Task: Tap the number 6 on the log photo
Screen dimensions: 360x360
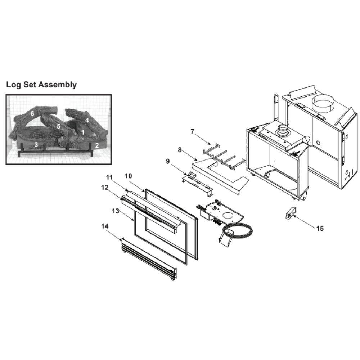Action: pyautogui.click(x=32, y=113)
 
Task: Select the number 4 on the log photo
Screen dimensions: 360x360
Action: pyautogui.click(x=87, y=120)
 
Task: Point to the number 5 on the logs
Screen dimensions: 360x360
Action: pyautogui.click(x=59, y=126)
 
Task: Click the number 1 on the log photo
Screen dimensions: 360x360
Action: pyautogui.click(x=83, y=132)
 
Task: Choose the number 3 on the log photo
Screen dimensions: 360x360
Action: pyautogui.click(x=36, y=145)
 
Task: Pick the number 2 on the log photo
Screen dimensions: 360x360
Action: pyautogui.click(x=97, y=145)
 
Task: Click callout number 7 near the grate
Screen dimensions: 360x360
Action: pyautogui.click(x=192, y=131)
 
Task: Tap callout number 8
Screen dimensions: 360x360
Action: pyautogui.click(x=180, y=150)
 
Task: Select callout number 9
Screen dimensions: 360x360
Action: pyautogui.click(x=168, y=161)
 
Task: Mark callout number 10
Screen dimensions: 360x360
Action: pyautogui.click(x=129, y=176)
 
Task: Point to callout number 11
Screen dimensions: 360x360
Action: pyautogui.click(x=109, y=177)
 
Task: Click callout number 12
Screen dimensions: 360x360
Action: pyautogui.click(x=105, y=188)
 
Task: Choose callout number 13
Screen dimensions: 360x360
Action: pyautogui.click(x=116, y=211)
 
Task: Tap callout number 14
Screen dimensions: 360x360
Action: pyautogui.click(x=105, y=226)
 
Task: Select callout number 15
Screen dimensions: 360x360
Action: pyautogui.click(x=320, y=229)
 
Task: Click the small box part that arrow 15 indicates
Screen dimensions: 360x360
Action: pyautogui.click(x=291, y=213)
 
